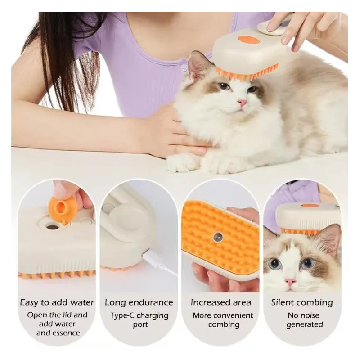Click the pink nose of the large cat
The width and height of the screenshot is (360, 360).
pos(243,103)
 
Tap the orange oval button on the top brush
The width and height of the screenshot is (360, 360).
pos(248,40)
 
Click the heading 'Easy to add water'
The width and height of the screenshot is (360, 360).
pos(57,302)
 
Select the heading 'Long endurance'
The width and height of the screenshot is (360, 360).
pos(139,302)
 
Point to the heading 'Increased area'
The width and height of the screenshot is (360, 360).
pos(220,302)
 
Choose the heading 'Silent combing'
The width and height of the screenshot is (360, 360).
pos(302,302)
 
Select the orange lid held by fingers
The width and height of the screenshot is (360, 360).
pos(62,208)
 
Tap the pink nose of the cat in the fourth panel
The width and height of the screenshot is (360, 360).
pos(291,282)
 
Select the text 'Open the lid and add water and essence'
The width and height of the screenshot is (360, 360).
pos(57,324)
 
